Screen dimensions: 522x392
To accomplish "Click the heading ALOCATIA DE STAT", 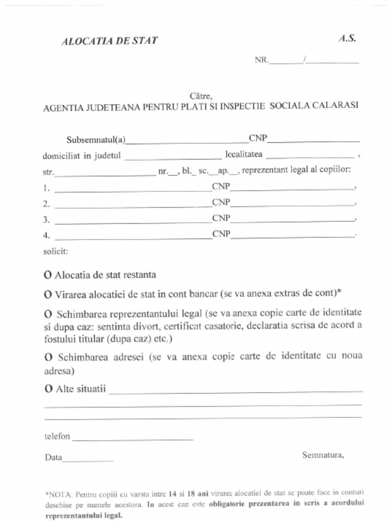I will coord(109,41).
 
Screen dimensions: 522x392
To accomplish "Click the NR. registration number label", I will coord(261,60).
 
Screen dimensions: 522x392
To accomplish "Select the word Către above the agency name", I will coord(201,95).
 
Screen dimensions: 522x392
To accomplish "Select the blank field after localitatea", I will coord(310,156).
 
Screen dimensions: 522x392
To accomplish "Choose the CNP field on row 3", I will coord(292,220).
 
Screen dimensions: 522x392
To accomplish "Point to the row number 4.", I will coord(46,236).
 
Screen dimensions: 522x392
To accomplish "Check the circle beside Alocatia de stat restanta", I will coord(48,275).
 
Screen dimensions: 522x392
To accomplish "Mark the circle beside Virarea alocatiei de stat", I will coord(48,294).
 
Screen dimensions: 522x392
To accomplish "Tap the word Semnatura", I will coord(323,455).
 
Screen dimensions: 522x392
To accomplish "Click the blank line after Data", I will coord(88,459).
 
